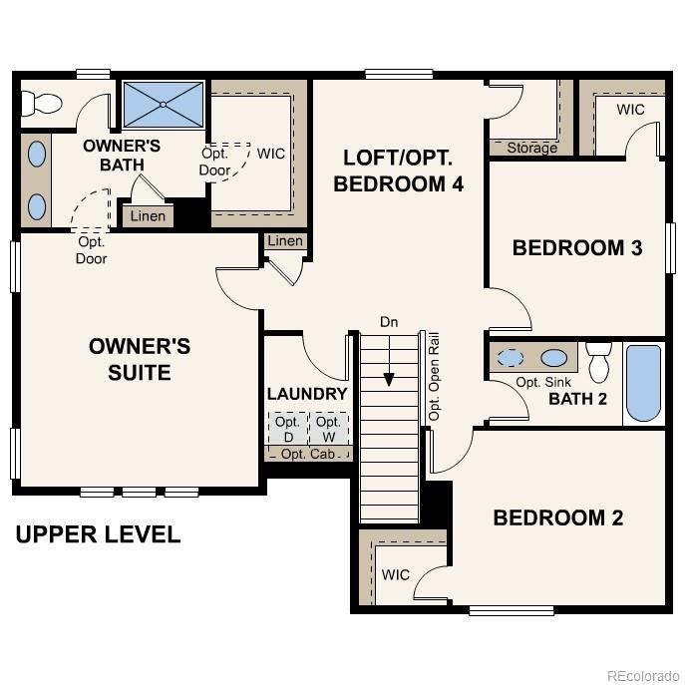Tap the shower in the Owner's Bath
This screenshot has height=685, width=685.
[162, 103]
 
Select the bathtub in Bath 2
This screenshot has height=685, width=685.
[643, 384]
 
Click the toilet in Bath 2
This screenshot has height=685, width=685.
[598, 363]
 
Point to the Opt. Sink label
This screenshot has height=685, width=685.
[542, 383]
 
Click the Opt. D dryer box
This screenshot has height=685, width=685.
[287, 429]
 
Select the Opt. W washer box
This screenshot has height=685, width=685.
[328, 429]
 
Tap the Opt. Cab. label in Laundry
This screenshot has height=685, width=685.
[307, 455]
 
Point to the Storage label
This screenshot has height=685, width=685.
[531, 148]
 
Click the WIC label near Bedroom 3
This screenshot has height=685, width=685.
[630, 109]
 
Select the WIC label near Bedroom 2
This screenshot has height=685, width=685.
[396, 575]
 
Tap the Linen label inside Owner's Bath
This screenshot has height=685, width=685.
[149, 216]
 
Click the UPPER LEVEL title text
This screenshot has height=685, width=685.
[98, 534]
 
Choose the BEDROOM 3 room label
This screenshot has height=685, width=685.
[576, 247]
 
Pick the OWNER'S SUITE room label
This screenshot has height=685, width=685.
[139, 359]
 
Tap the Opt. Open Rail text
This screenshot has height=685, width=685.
[434, 375]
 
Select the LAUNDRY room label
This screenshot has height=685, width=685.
[307, 394]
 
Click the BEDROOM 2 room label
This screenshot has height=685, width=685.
[557, 517]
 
